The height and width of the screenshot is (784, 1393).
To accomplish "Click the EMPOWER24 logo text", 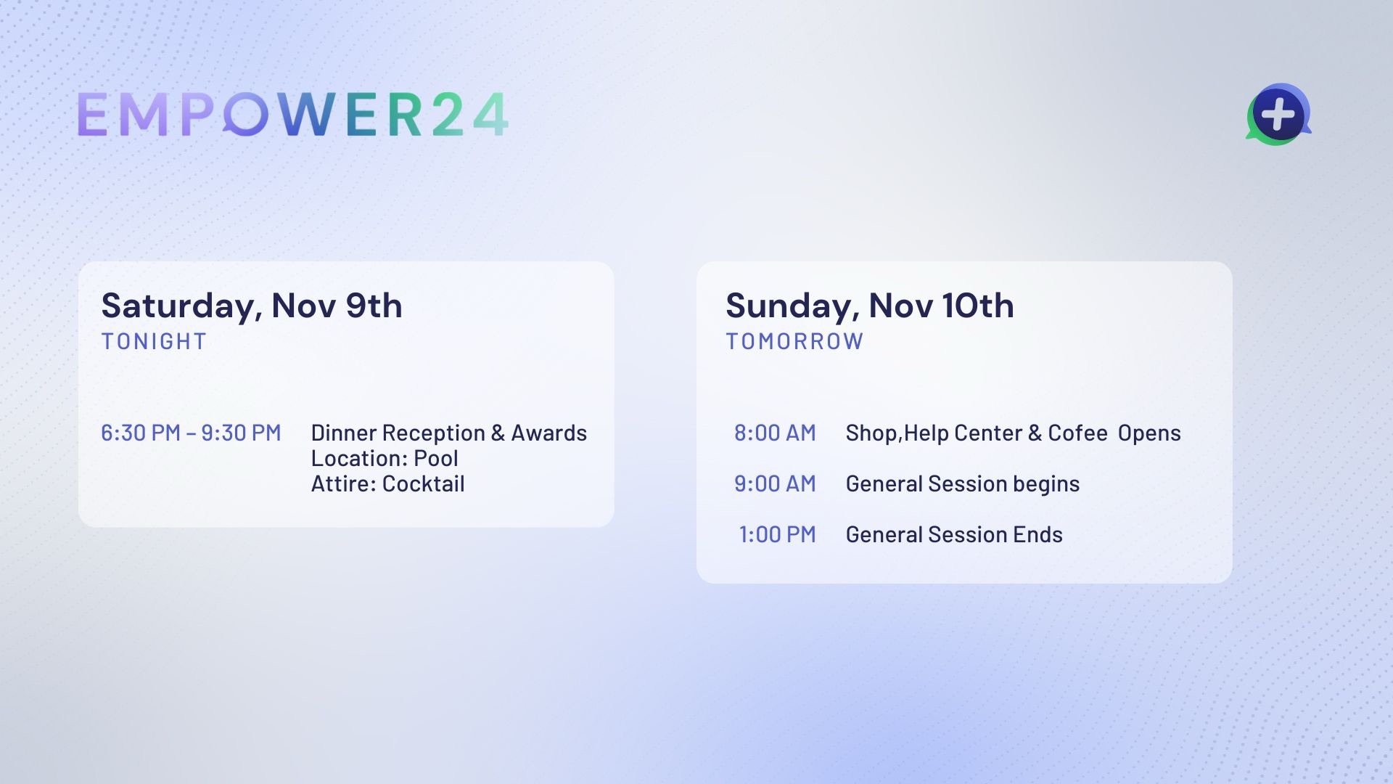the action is coord(292,115).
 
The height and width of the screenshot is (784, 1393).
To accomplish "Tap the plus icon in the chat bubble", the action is coord(1278,115).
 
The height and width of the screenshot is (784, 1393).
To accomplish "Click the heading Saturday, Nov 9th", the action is coord(252,306).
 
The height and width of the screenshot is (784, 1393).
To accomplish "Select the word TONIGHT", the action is coord(154,341).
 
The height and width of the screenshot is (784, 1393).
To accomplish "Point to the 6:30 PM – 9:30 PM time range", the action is coord(191,433).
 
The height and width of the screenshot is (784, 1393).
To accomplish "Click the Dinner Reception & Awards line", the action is coord(449,433).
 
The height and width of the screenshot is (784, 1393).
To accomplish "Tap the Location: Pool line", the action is coord(385,458).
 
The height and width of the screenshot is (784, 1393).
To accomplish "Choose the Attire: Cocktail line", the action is coord(387,483).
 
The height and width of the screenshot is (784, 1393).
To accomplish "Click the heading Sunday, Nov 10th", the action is coord(870,306).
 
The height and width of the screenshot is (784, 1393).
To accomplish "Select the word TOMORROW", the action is coord(794,341).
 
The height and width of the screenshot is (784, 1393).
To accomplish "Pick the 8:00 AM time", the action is coord(775,433).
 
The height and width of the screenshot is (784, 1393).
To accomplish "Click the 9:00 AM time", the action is coord(775,483).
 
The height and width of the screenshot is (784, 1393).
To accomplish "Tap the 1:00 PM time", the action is coord(777,534).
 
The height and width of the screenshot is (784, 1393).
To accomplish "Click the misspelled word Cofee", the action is coord(1077,433).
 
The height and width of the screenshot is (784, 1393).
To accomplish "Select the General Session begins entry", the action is coord(963,483).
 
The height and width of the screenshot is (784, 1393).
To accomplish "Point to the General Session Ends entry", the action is coord(954,534).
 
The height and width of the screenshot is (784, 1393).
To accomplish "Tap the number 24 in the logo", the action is coord(469,115).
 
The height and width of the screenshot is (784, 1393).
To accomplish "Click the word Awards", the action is coord(549,433).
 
